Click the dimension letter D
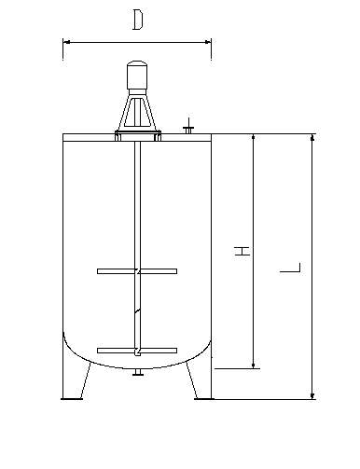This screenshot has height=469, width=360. [x=138, y=20]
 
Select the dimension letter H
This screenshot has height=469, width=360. [x=242, y=251]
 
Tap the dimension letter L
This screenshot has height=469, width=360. [x=290, y=268]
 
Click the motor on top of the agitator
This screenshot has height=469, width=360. [x=137, y=76]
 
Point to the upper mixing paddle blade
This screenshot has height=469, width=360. [x=137, y=271]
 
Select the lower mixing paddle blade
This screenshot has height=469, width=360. [x=137, y=351]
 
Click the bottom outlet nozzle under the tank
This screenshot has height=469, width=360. [x=137, y=372]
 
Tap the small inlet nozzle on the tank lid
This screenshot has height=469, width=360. [x=188, y=127]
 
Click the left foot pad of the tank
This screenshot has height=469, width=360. [x=72, y=398]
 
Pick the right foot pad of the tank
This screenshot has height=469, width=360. [x=204, y=398]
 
